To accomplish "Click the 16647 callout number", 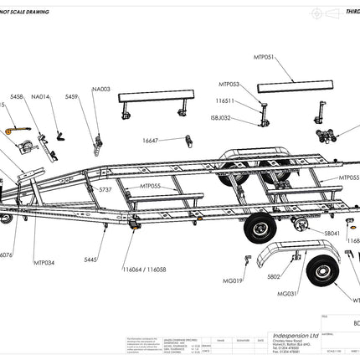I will coord(152,141).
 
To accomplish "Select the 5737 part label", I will coord(105,190).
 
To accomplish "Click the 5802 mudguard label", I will coord(274,276).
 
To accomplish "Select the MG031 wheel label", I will coord(287,294).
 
